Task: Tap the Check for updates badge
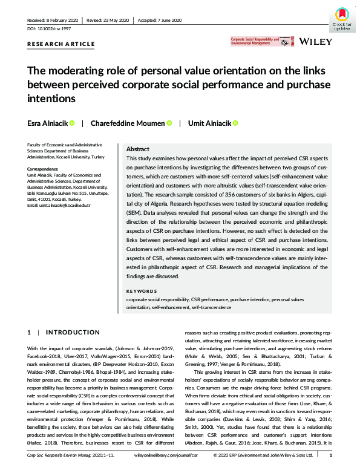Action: point(343,19)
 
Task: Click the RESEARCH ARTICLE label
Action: point(61,44)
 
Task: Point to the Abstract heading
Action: point(137,149)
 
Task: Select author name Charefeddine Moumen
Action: point(127,123)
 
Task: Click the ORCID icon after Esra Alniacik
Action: point(72,123)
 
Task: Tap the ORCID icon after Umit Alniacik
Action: point(235,123)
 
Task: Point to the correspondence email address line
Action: point(59,206)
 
